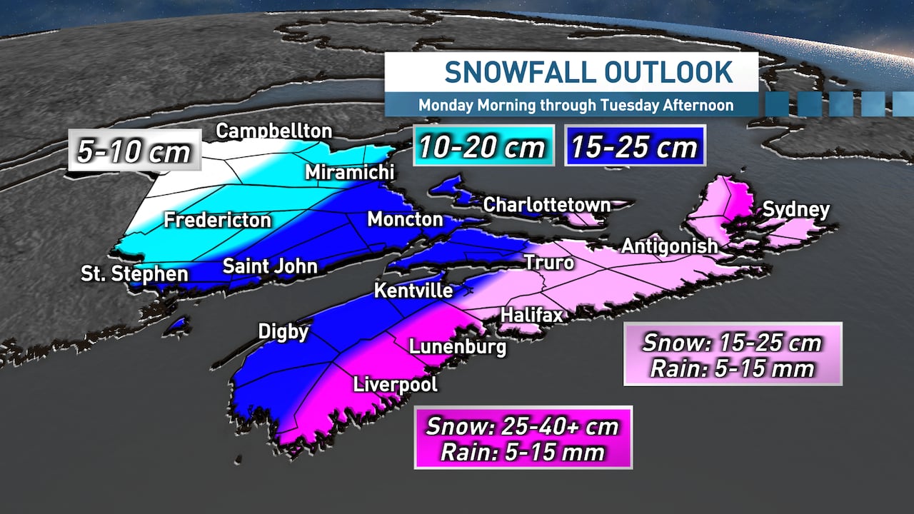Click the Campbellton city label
tap(274, 131)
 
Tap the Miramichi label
tap(349, 173)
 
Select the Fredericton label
tap(218, 220)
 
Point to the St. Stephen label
tap(134, 274)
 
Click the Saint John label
tap(270, 267)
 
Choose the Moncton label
tap(405, 219)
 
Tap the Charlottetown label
tap(547, 205)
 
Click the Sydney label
tap(796, 210)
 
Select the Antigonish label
tap(669, 246)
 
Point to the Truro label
tap(549, 263)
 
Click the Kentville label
tap(413, 291)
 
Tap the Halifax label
tap(532, 315)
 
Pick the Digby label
tap(283, 332)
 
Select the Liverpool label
tap(396, 385)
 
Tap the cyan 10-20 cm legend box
tap(483, 147)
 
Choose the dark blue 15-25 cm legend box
tap(635, 147)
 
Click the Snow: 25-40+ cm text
tap(522, 427)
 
